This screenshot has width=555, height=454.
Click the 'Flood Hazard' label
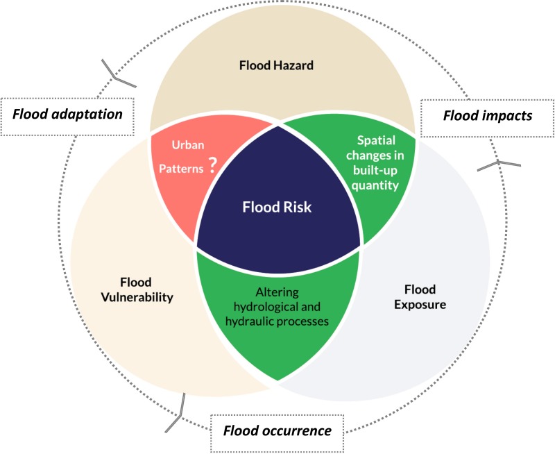[x=277, y=67]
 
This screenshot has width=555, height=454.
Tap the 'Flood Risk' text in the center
[x=278, y=208]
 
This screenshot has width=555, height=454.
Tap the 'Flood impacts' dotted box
[x=488, y=115]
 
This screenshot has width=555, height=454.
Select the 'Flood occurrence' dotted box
[x=277, y=430]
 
